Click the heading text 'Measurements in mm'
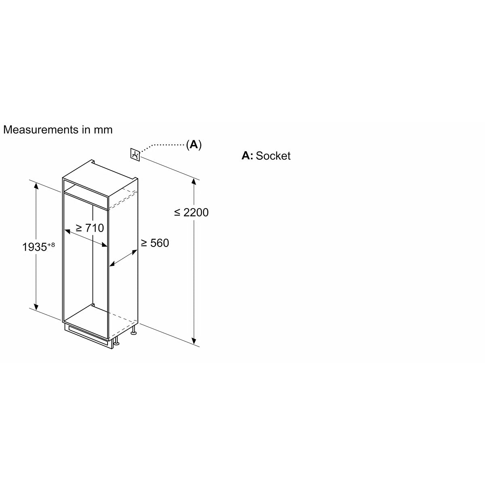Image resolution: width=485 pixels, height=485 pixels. [58, 130]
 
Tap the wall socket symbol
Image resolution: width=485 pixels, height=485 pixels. [135, 154]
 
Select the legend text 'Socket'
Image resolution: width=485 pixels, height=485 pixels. [273, 156]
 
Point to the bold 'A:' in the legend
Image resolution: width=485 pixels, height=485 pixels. [247, 156]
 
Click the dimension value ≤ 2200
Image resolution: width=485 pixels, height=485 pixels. [191, 213]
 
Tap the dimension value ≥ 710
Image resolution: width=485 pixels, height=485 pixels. [90, 228]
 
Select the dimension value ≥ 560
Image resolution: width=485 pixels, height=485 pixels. [155, 243]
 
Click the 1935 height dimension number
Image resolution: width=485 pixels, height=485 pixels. [34, 247]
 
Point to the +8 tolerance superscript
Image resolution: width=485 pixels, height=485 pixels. [51, 245]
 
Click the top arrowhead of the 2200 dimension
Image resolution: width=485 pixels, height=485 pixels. [194, 181]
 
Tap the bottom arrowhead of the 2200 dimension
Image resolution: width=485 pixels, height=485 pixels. [194, 341]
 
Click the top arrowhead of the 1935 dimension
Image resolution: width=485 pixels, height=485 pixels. [36, 187]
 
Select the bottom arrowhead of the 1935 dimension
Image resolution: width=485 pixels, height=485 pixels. [36, 306]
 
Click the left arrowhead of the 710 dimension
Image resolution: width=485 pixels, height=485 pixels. [68, 231]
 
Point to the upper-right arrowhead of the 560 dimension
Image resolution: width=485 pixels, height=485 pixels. [134, 251]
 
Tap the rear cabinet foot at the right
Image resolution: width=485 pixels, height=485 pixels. [134, 330]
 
